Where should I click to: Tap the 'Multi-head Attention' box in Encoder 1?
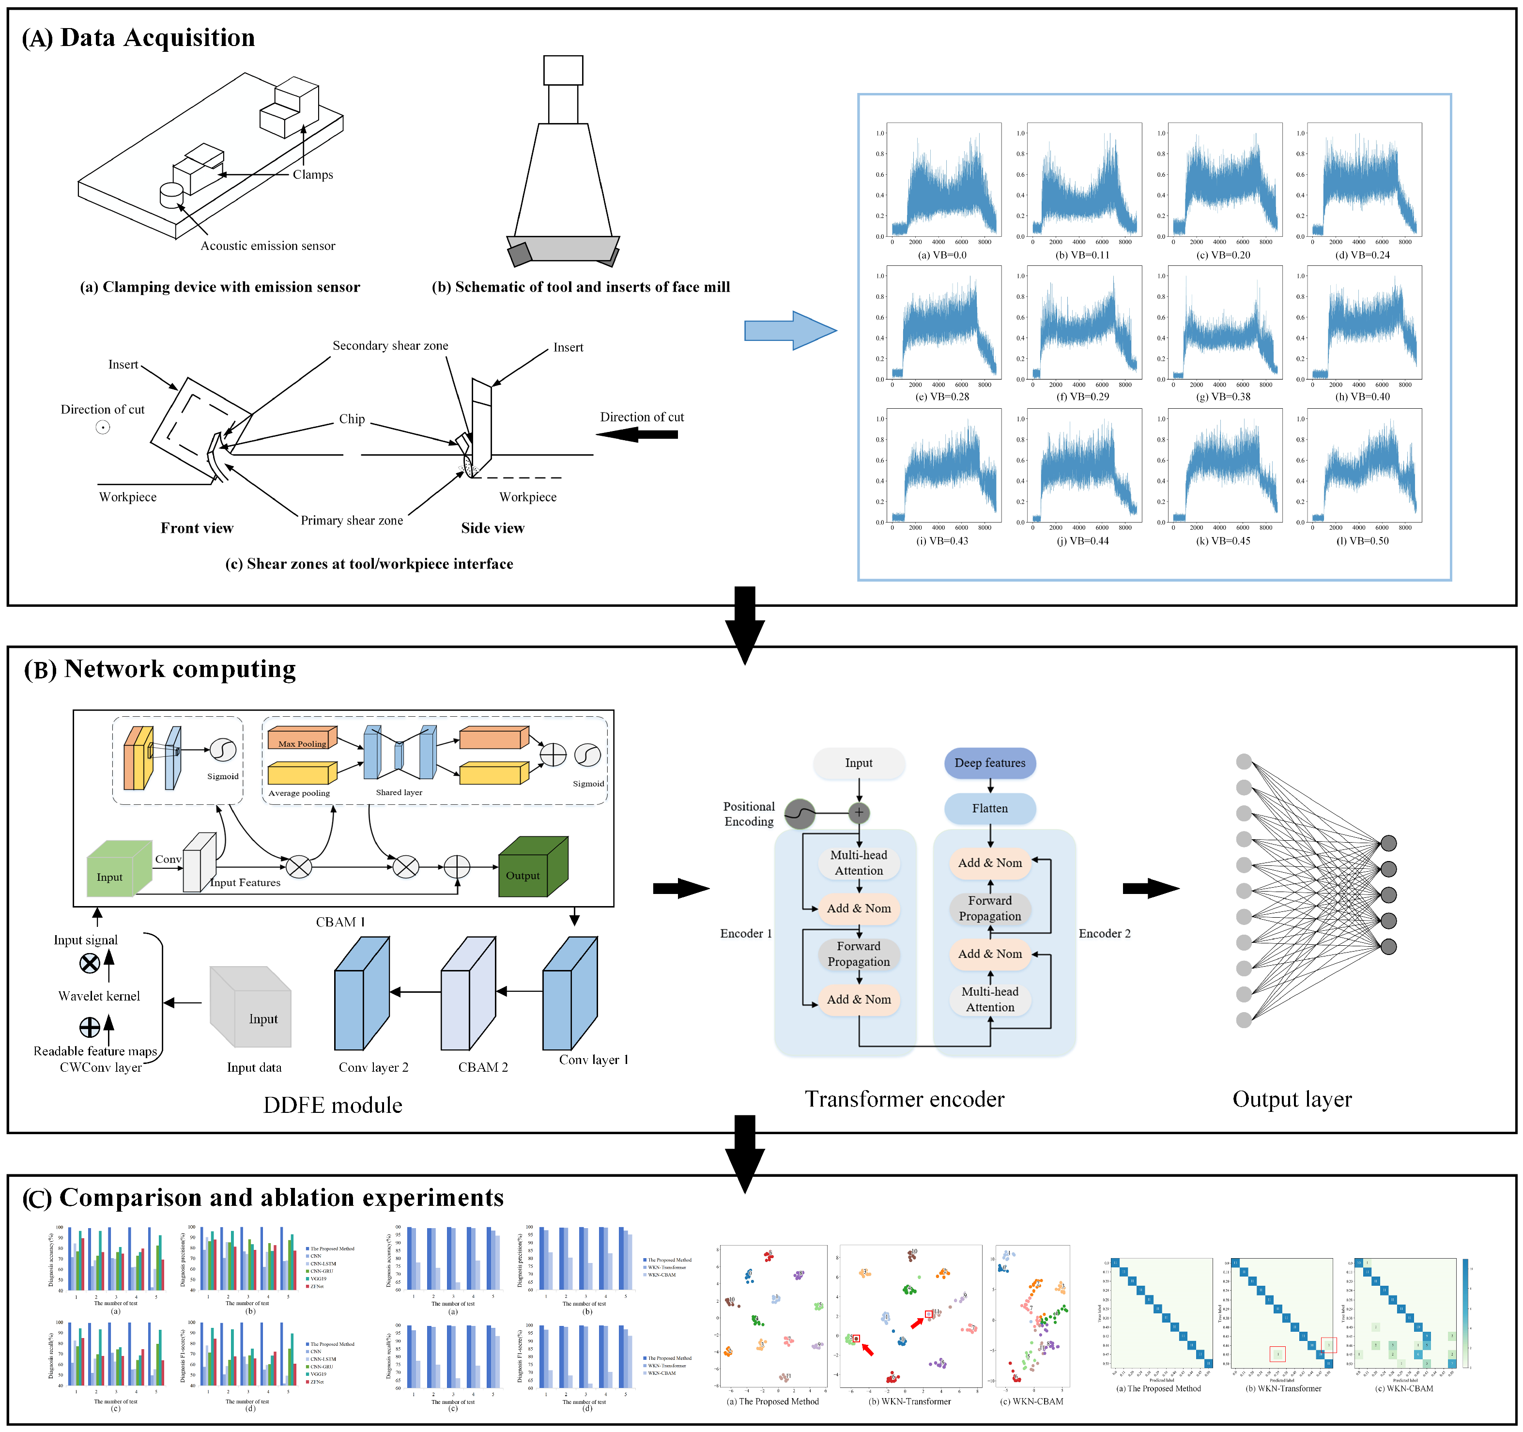point(858,862)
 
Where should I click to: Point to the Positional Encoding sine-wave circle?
point(799,814)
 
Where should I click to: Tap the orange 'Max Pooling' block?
point(302,738)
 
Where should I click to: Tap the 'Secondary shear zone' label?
point(390,346)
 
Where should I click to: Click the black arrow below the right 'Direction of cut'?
point(637,434)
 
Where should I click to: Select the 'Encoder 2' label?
point(1104,933)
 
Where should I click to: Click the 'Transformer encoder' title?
point(904,1099)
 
